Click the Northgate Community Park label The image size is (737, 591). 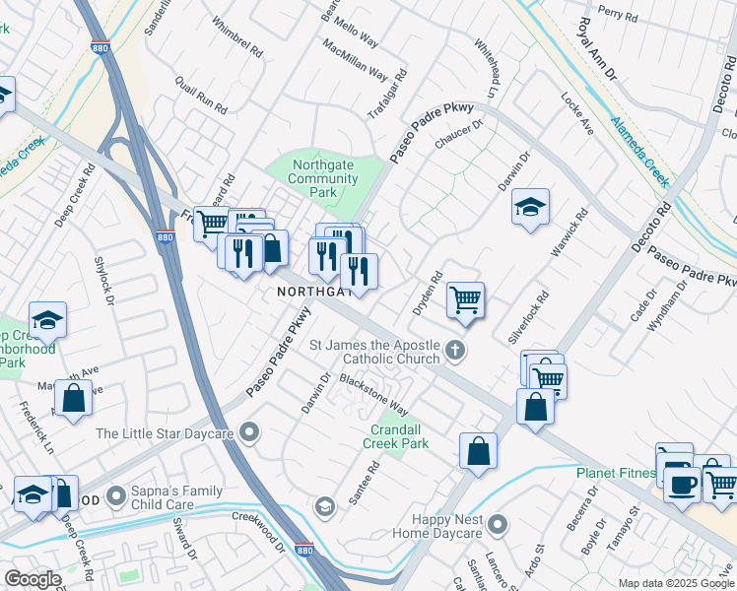pyautogui.click(x=322, y=178)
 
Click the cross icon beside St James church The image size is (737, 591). pyautogui.click(x=454, y=350)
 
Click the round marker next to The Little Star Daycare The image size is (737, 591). pyautogui.click(x=251, y=431)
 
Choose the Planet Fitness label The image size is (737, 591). pyautogui.click(x=616, y=473)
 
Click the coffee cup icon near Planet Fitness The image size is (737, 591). pyautogui.click(x=681, y=484)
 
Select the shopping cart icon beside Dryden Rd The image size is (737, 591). pyautogui.click(x=465, y=298)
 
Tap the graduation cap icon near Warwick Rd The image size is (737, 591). pyautogui.click(x=530, y=207)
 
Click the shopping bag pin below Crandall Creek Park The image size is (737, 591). pyautogui.click(x=478, y=451)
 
